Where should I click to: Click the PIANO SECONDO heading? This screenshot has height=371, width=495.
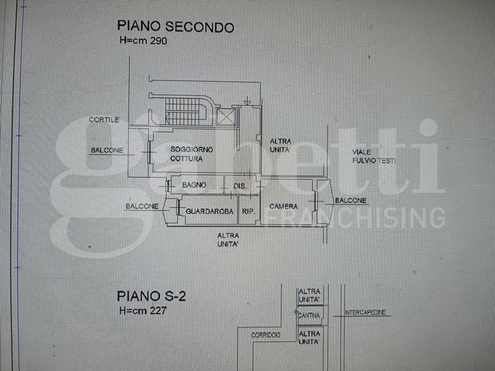(x=176, y=26)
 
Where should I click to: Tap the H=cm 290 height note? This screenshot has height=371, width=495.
(x=144, y=41)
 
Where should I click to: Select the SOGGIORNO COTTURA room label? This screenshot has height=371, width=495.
(x=192, y=154)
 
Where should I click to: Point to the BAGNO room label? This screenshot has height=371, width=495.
(x=194, y=185)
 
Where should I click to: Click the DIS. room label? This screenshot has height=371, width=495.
(x=240, y=186)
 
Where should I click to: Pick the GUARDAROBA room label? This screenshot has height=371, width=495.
(x=210, y=211)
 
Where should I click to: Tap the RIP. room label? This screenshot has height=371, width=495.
(x=249, y=211)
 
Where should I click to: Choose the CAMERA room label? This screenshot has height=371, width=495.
(x=283, y=207)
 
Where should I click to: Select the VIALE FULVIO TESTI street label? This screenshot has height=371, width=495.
(x=374, y=156)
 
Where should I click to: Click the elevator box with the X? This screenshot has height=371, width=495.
(x=226, y=117)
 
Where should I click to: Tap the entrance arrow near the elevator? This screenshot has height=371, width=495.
(x=247, y=101)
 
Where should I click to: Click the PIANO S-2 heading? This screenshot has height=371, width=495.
(x=152, y=296)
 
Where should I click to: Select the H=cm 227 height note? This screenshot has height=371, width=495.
(x=143, y=311)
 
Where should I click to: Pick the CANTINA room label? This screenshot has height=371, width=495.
(x=309, y=315)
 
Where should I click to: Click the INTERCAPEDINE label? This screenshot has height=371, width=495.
(x=365, y=312)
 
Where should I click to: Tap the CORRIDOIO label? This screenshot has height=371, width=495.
(x=266, y=335)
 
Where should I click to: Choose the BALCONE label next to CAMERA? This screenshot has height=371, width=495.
(x=351, y=200)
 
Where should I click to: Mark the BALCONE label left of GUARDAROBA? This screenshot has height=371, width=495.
(x=142, y=207)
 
